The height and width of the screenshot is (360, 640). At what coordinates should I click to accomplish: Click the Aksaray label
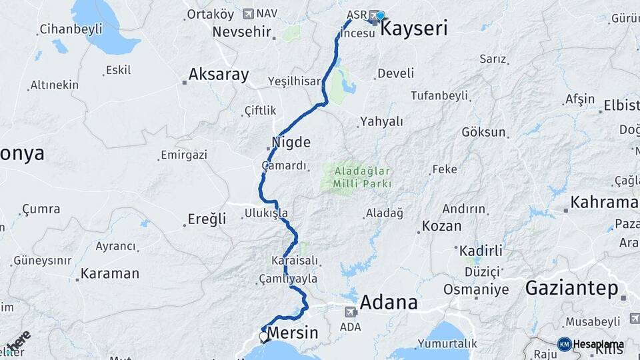click(218, 75)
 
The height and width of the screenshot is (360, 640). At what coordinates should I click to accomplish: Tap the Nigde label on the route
click(291, 142)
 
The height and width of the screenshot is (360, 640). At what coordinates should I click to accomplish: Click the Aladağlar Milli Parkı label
click(358, 176)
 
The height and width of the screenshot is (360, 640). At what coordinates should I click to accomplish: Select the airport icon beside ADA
click(351, 311)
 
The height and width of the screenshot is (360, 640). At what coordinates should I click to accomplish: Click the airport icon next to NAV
click(249, 13)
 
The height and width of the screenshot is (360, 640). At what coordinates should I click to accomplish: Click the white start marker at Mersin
click(264, 337)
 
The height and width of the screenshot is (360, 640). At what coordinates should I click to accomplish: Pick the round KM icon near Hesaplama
click(564, 344)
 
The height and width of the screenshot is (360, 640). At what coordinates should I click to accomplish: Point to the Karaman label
click(110, 273)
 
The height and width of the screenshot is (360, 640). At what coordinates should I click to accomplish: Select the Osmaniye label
click(476, 290)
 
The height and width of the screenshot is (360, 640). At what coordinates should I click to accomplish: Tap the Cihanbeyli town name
click(71, 29)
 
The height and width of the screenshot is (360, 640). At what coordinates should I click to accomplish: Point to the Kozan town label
click(441, 226)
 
